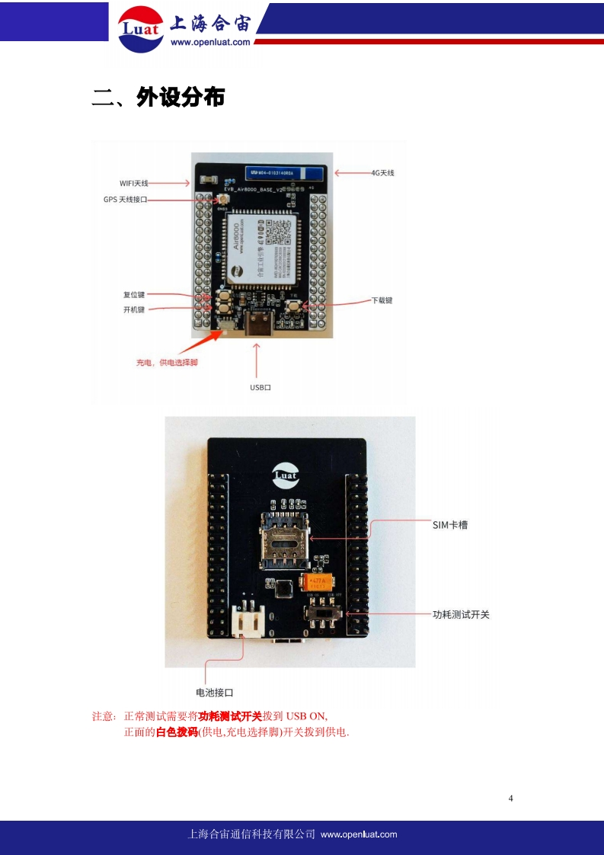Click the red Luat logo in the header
pos(140,29)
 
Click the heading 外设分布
pos(181,97)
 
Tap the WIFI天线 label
pos(134,183)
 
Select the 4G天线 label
pos(382,173)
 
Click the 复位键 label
pos(134,294)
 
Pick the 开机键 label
pos(134,309)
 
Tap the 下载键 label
pos(382,300)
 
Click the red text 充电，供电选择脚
pos(167,362)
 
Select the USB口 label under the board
pos(260,387)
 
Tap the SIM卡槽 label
pos(449,525)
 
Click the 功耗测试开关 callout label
pos(460,613)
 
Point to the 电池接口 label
pos(214,692)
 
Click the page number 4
pos(510,798)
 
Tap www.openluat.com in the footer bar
pos(359,834)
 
